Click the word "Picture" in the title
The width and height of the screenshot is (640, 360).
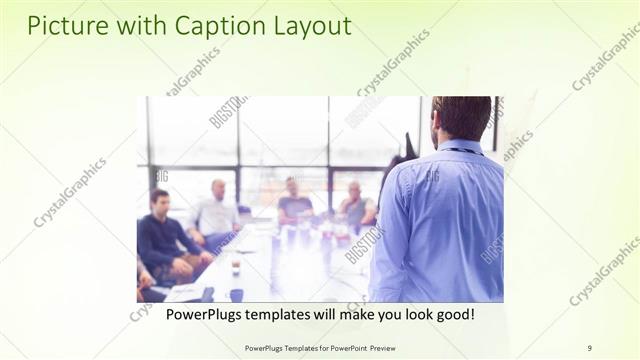pyautogui.click(x=63, y=26)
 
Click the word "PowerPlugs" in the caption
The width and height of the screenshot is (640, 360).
pyautogui.click(x=204, y=314)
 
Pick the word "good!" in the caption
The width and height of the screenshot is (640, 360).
pyautogui.click(x=451, y=314)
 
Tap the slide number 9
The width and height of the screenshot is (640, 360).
pyautogui.click(x=589, y=347)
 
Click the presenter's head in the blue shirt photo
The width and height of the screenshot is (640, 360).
pyautogui.click(x=461, y=117)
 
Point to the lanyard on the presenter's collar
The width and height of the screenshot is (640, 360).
pyautogui.click(x=462, y=152)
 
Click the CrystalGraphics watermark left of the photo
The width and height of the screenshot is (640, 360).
pyautogui.click(x=70, y=192)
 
